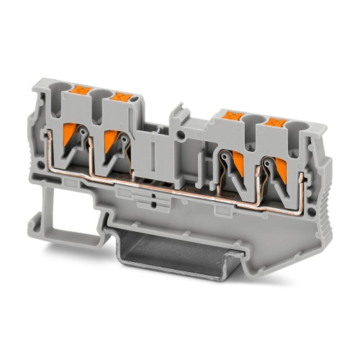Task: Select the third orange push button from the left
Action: [232, 114]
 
